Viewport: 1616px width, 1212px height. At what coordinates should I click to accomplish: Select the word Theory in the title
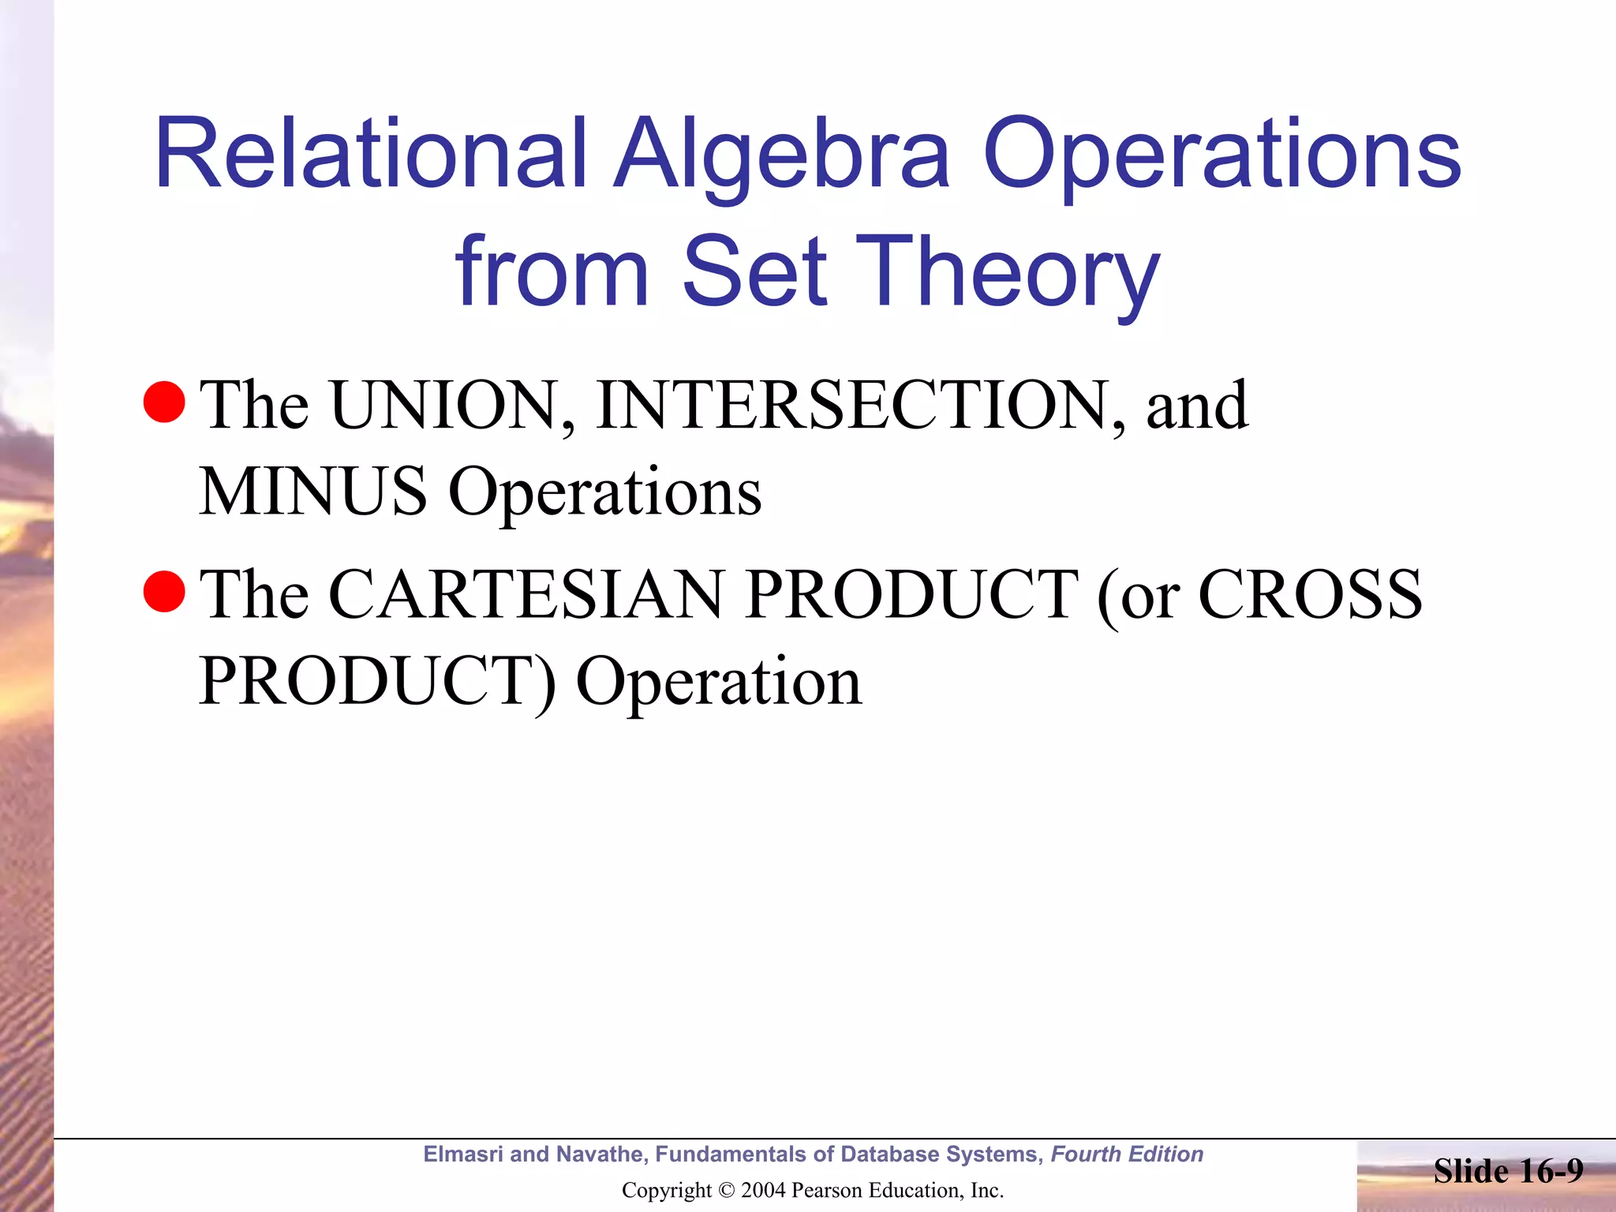point(1013,272)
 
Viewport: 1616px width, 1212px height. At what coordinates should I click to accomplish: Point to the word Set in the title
point(754,272)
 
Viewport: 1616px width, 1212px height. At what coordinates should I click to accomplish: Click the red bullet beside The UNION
point(164,402)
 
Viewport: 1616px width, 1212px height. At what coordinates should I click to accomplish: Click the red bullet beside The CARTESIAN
point(164,591)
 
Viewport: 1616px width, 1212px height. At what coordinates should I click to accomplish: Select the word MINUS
point(312,492)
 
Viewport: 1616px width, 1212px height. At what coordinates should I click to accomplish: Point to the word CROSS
point(1310,595)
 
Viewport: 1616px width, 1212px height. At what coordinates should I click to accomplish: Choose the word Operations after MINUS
point(604,492)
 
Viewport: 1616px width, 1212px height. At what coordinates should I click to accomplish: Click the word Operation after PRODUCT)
point(718,682)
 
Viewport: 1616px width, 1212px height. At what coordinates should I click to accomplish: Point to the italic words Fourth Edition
point(1127,1154)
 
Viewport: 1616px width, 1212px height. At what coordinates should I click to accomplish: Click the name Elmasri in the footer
point(463,1154)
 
